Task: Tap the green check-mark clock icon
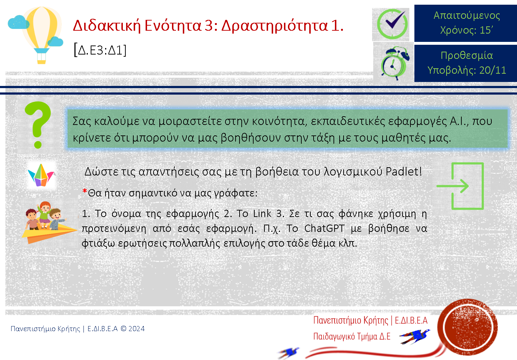coord(392,24)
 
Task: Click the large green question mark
coord(38,125)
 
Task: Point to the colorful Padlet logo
coord(41,175)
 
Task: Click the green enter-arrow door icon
coord(460,186)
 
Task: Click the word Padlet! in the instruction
coord(404,172)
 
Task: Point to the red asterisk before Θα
coord(85,191)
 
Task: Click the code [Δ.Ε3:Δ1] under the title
coord(100,50)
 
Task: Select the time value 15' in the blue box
coord(486,30)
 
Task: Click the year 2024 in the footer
coord(137,328)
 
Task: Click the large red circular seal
coord(468,327)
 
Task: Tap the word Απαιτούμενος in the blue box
coord(467,16)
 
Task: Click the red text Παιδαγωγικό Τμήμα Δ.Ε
coord(352,336)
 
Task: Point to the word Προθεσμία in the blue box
coord(467,55)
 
